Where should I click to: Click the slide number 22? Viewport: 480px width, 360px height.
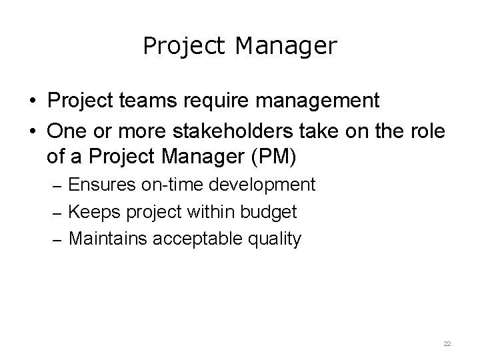pos(447,343)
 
